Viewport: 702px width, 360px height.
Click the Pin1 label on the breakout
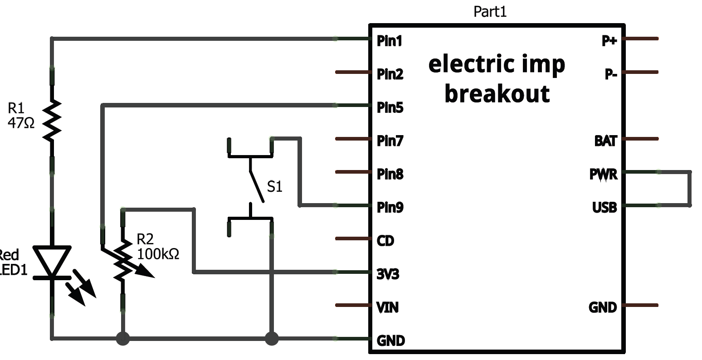coord(389,41)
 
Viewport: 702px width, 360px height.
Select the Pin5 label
coord(390,108)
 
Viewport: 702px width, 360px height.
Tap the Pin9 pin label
coord(390,208)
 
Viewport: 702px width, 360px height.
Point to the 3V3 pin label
coord(388,274)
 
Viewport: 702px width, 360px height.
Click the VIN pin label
coord(388,308)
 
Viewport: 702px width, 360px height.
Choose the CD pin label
coord(385,241)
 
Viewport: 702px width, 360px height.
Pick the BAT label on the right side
coord(605,141)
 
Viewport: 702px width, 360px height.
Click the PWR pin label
coord(603,175)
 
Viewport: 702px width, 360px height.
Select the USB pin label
coord(604,208)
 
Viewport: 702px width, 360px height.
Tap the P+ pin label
coord(609,41)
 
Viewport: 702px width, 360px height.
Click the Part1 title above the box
coord(490,11)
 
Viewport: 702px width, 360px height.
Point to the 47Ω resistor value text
coord(21,123)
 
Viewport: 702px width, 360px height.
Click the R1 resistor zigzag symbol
coord(52,120)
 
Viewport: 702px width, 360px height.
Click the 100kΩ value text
coord(158,254)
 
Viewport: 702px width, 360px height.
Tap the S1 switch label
coord(274,186)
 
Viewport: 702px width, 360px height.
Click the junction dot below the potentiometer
coord(122,338)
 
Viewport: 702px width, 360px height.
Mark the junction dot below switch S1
coord(271,338)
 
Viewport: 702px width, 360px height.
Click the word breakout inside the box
coord(497,93)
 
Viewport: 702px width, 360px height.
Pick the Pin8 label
coord(390,175)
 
